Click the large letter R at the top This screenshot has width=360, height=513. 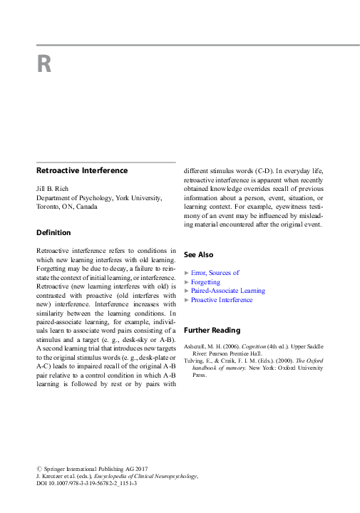tap(44, 64)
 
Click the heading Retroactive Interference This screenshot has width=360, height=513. tap(82, 170)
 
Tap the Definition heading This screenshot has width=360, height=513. tap(53, 232)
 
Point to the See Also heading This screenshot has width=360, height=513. tap(198, 254)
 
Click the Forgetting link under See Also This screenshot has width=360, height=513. tap(205, 282)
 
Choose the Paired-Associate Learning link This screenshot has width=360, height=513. tap(227, 291)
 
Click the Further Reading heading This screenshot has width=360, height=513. tap(212, 331)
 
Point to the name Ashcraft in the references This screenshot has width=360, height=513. tap(197, 346)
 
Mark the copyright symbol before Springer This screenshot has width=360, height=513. tap(38, 467)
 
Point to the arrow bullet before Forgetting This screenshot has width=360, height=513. tap(187, 282)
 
